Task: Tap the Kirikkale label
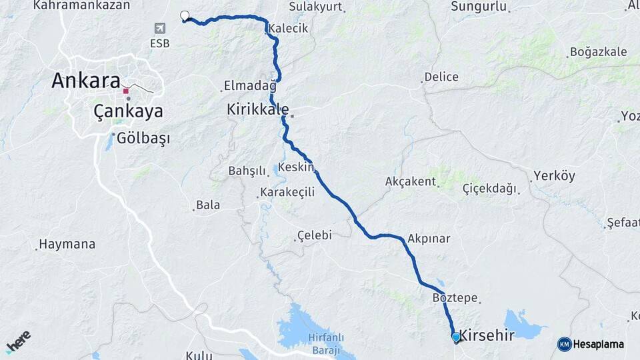pos(258,109)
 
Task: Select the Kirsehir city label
pos(487,335)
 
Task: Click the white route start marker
pos(185,16)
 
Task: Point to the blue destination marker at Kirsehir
pos(456,337)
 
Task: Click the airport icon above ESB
pos(159,28)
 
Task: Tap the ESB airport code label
pos(159,43)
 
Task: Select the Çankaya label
pos(128,111)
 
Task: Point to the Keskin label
pos(296,167)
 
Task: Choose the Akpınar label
pos(429,238)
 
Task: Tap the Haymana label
pos(67,244)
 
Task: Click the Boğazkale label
pos(599,52)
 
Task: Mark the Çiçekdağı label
pos(490,189)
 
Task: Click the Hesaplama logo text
pos(597,344)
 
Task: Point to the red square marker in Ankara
pos(125,91)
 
